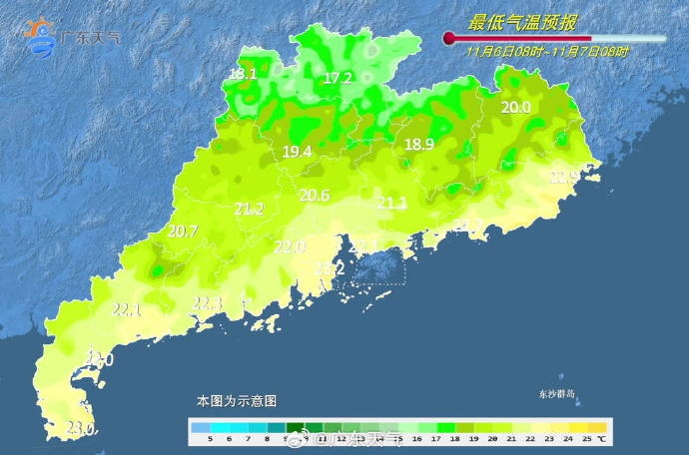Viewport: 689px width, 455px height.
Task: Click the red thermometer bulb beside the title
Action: (x=449, y=39)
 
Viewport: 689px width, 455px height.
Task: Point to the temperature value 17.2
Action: (x=339, y=78)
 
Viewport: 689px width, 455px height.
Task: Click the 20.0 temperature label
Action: (x=515, y=108)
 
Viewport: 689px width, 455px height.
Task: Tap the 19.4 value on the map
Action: (x=298, y=152)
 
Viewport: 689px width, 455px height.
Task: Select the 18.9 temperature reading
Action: (x=419, y=145)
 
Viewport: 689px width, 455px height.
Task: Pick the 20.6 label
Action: (x=315, y=196)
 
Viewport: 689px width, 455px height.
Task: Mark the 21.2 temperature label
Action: (x=249, y=209)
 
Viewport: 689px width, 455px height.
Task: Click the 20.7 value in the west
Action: (x=183, y=231)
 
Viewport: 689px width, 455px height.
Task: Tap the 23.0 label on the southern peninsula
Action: (x=80, y=429)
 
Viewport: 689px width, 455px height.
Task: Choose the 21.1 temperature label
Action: (x=391, y=204)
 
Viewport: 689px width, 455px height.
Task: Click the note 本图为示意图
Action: (x=237, y=400)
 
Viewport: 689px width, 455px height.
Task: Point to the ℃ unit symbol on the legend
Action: (x=602, y=439)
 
